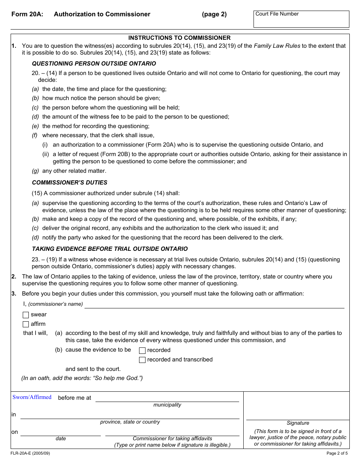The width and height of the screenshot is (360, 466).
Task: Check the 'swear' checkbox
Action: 26,315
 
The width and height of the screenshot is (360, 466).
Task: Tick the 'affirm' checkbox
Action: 26,324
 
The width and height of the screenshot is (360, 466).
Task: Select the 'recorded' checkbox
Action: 142,350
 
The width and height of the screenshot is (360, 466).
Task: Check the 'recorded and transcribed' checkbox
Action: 142,360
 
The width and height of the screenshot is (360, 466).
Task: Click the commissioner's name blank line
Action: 214,305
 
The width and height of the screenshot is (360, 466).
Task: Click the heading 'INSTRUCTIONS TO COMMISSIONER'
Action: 179,38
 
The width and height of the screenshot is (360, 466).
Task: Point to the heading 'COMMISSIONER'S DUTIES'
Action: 70,183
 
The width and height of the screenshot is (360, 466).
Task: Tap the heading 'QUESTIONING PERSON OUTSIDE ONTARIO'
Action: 94,64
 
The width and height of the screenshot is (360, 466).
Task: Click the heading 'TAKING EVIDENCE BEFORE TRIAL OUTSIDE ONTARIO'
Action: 110,249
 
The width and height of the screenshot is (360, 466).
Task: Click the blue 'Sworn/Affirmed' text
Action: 32,397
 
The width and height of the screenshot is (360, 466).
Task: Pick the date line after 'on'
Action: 61,432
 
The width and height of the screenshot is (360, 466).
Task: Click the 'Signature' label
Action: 298,423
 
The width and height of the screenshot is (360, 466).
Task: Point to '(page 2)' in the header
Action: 214,14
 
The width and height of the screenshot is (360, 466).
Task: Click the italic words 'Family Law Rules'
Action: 277,46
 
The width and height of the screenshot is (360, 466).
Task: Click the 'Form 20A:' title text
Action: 27,14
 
